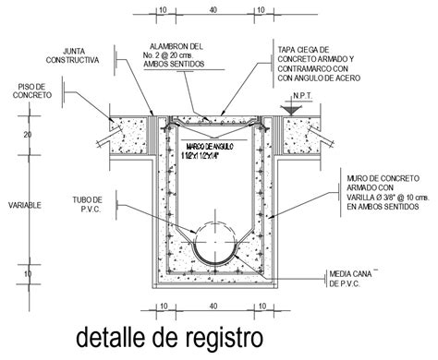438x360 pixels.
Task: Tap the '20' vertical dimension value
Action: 27,136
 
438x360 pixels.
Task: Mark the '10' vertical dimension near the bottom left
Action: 27,274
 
